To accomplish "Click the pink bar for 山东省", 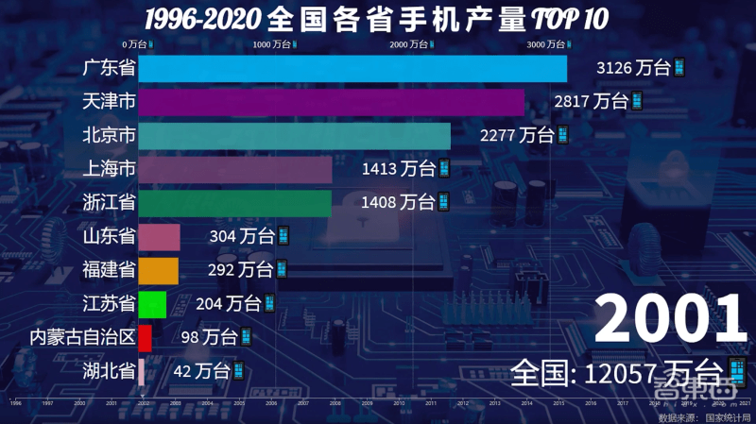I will pyautogui.click(x=159, y=237).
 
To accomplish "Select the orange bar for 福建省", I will pyautogui.click(x=158, y=270).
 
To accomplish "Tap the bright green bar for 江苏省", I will pyautogui.click(x=152, y=304).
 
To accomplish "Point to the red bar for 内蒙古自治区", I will pyautogui.click(x=145, y=337).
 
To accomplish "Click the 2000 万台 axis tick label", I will pyautogui.click(x=412, y=44).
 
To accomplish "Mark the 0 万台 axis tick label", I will pyautogui.click(x=137, y=44).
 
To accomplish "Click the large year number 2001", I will pyautogui.click(x=670, y=318).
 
